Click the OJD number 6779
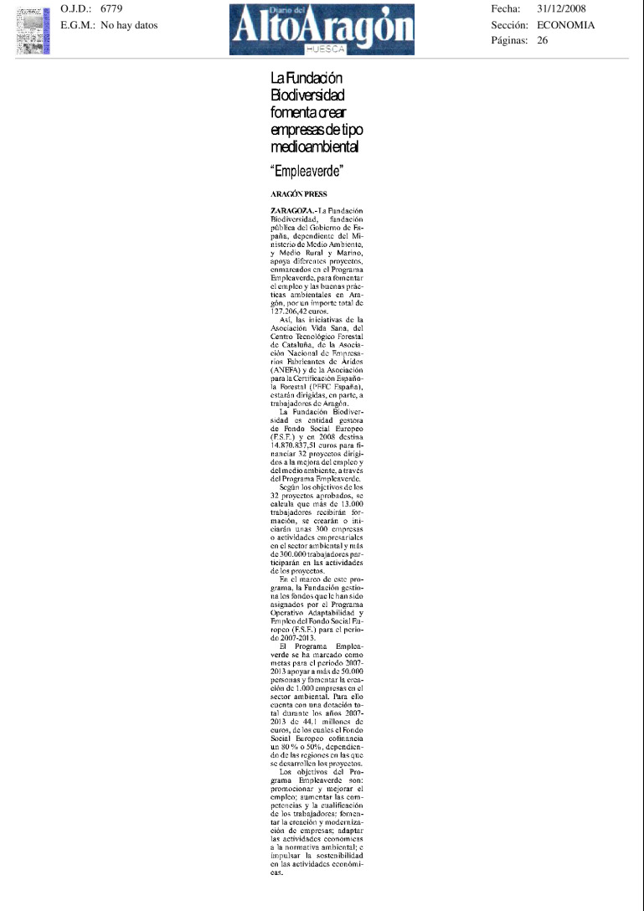[x=111, y=8]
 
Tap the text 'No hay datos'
[x=129, y=25]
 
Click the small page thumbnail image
[x=33, y=30]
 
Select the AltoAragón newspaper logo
[x=322, y=28]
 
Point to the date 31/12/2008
[x=565, y=8]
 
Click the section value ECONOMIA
[x=566, y=25]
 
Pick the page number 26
[x=542, y=40]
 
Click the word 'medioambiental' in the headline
[x=314, y=147]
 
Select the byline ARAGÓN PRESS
[x=299, y=194]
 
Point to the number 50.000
[x=348, y=672]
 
